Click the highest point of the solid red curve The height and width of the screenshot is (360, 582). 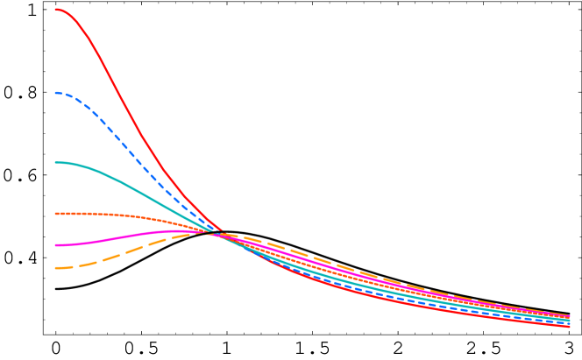57,10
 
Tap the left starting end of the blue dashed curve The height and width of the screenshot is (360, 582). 56,93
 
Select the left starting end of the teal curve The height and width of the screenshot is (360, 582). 56,163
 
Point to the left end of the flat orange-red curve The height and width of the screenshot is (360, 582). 56,214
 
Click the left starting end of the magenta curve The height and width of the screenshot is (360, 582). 56,245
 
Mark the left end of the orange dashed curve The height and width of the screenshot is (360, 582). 56,268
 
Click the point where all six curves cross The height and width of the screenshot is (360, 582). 216,233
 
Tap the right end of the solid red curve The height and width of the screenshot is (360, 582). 569,326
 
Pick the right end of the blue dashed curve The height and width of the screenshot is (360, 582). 569,323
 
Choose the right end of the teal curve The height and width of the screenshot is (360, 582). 569,321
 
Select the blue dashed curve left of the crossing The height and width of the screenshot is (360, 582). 131,149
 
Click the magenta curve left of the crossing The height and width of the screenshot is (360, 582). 131,235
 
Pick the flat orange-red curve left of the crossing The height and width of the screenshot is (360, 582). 131,216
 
